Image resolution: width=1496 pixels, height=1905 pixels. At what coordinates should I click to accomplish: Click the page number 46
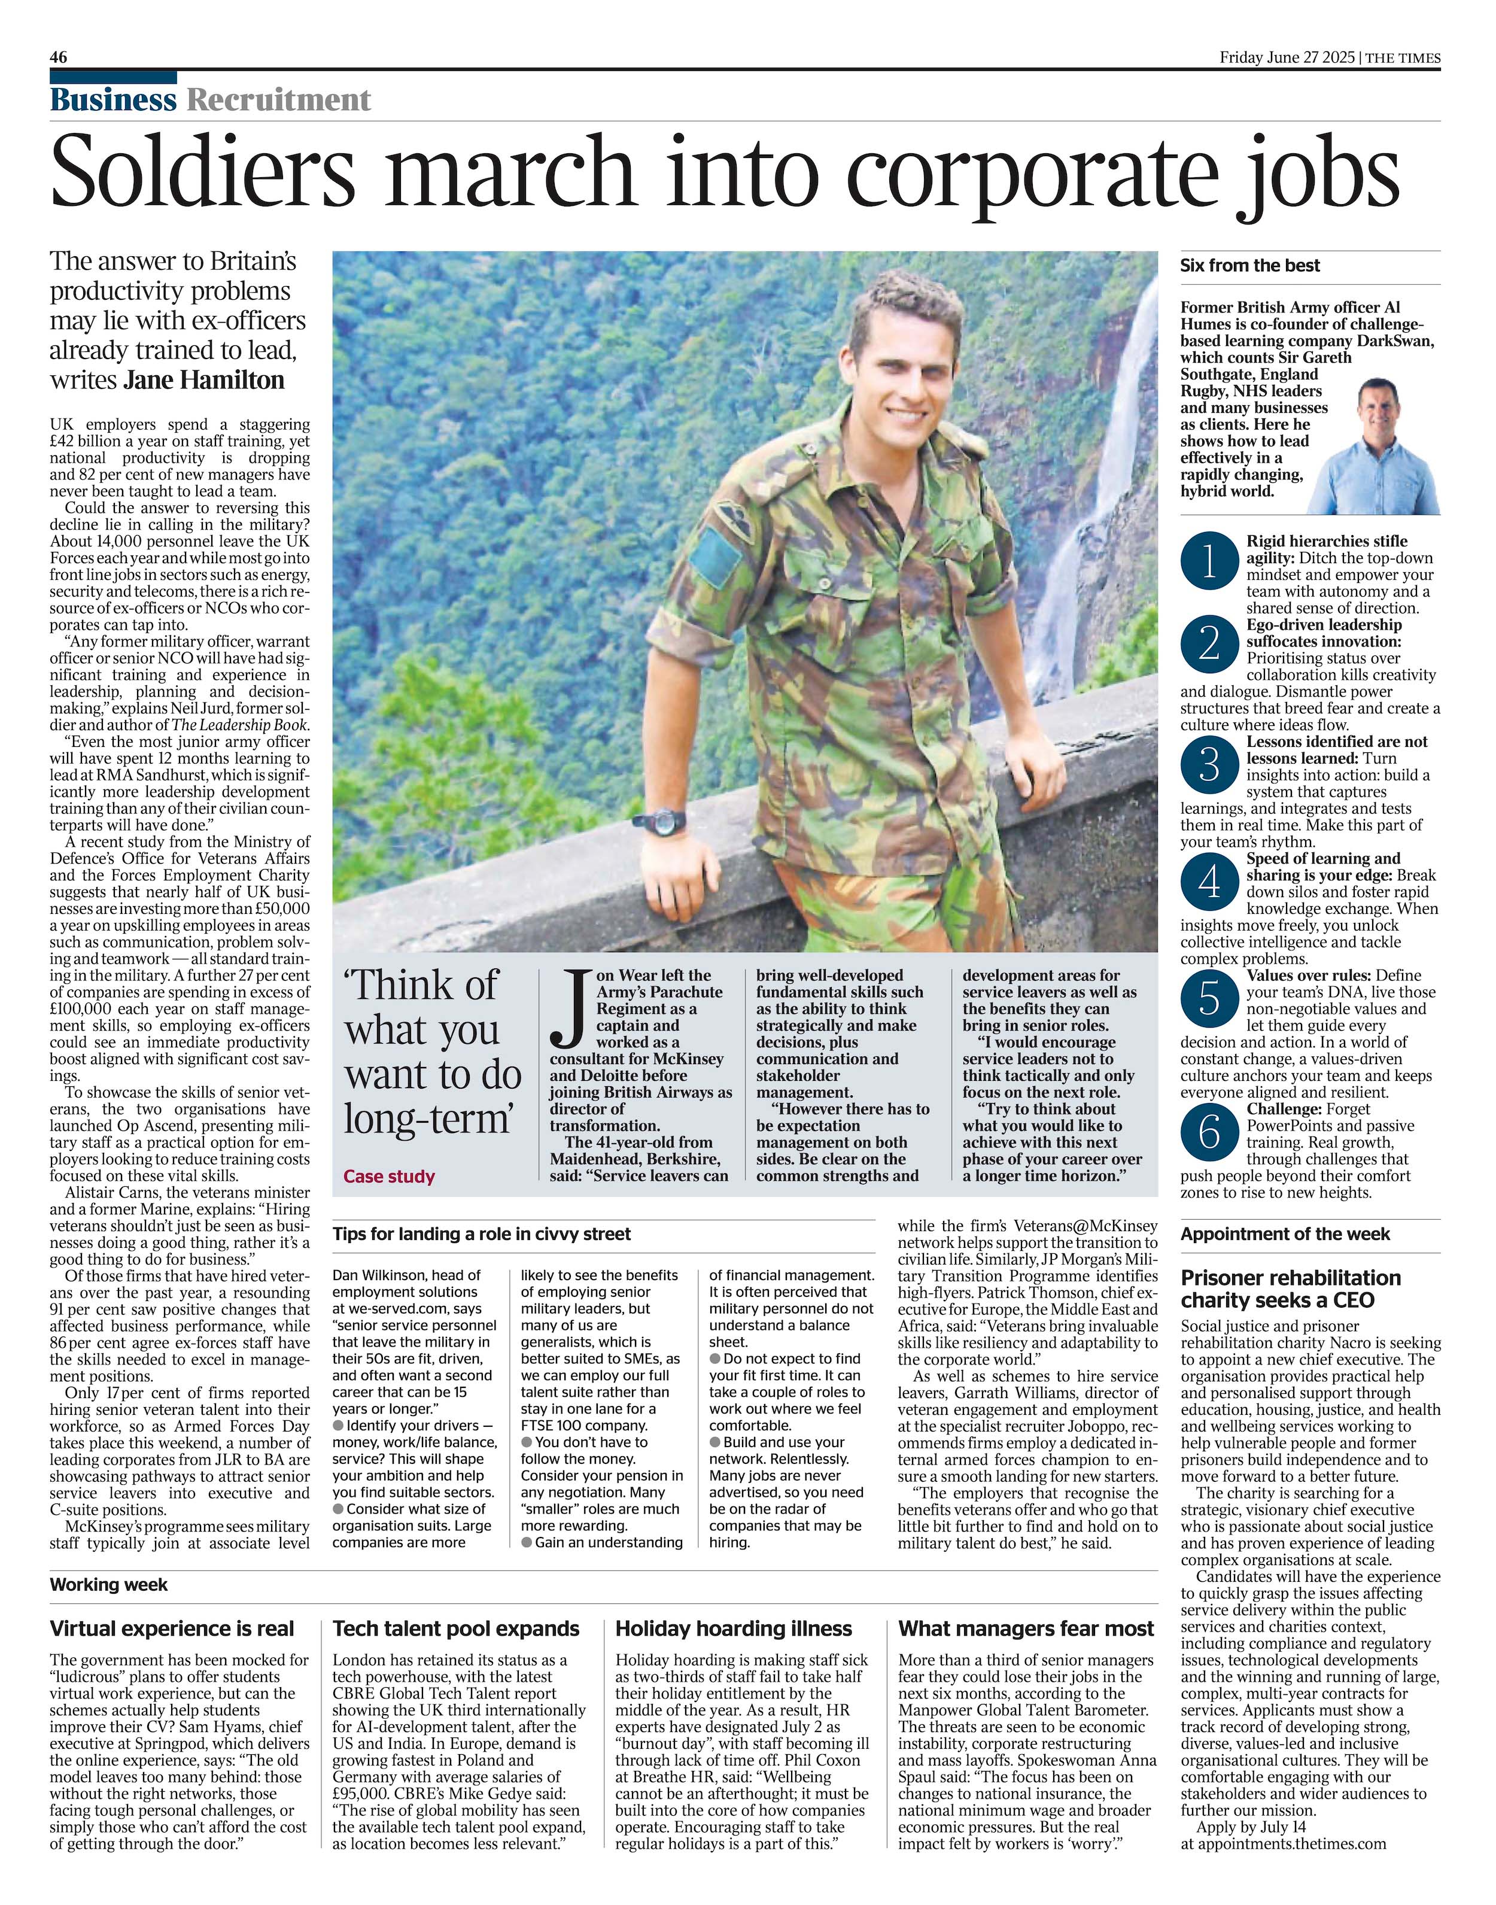click(x=59, y=58)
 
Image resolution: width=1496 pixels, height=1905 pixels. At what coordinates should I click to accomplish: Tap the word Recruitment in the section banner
click(x=278, y=100)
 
